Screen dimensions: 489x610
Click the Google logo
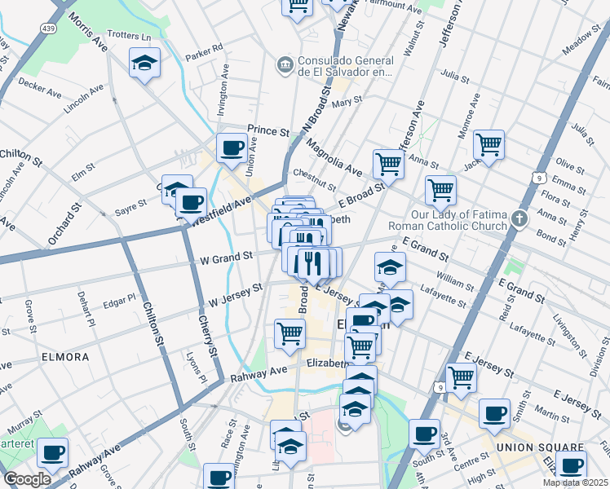[27, 479]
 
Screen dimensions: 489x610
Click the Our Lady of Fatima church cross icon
[520, 218]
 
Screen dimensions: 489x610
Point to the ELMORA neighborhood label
[64, 357]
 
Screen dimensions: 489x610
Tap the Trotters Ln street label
[129, 37]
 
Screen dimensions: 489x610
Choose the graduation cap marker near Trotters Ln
[144, 63]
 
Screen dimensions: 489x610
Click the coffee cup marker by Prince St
[232, 148]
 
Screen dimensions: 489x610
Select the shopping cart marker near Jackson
[488, 145]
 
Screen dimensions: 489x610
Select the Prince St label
[268, 130]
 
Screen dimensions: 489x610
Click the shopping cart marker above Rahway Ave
[290, 334]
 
